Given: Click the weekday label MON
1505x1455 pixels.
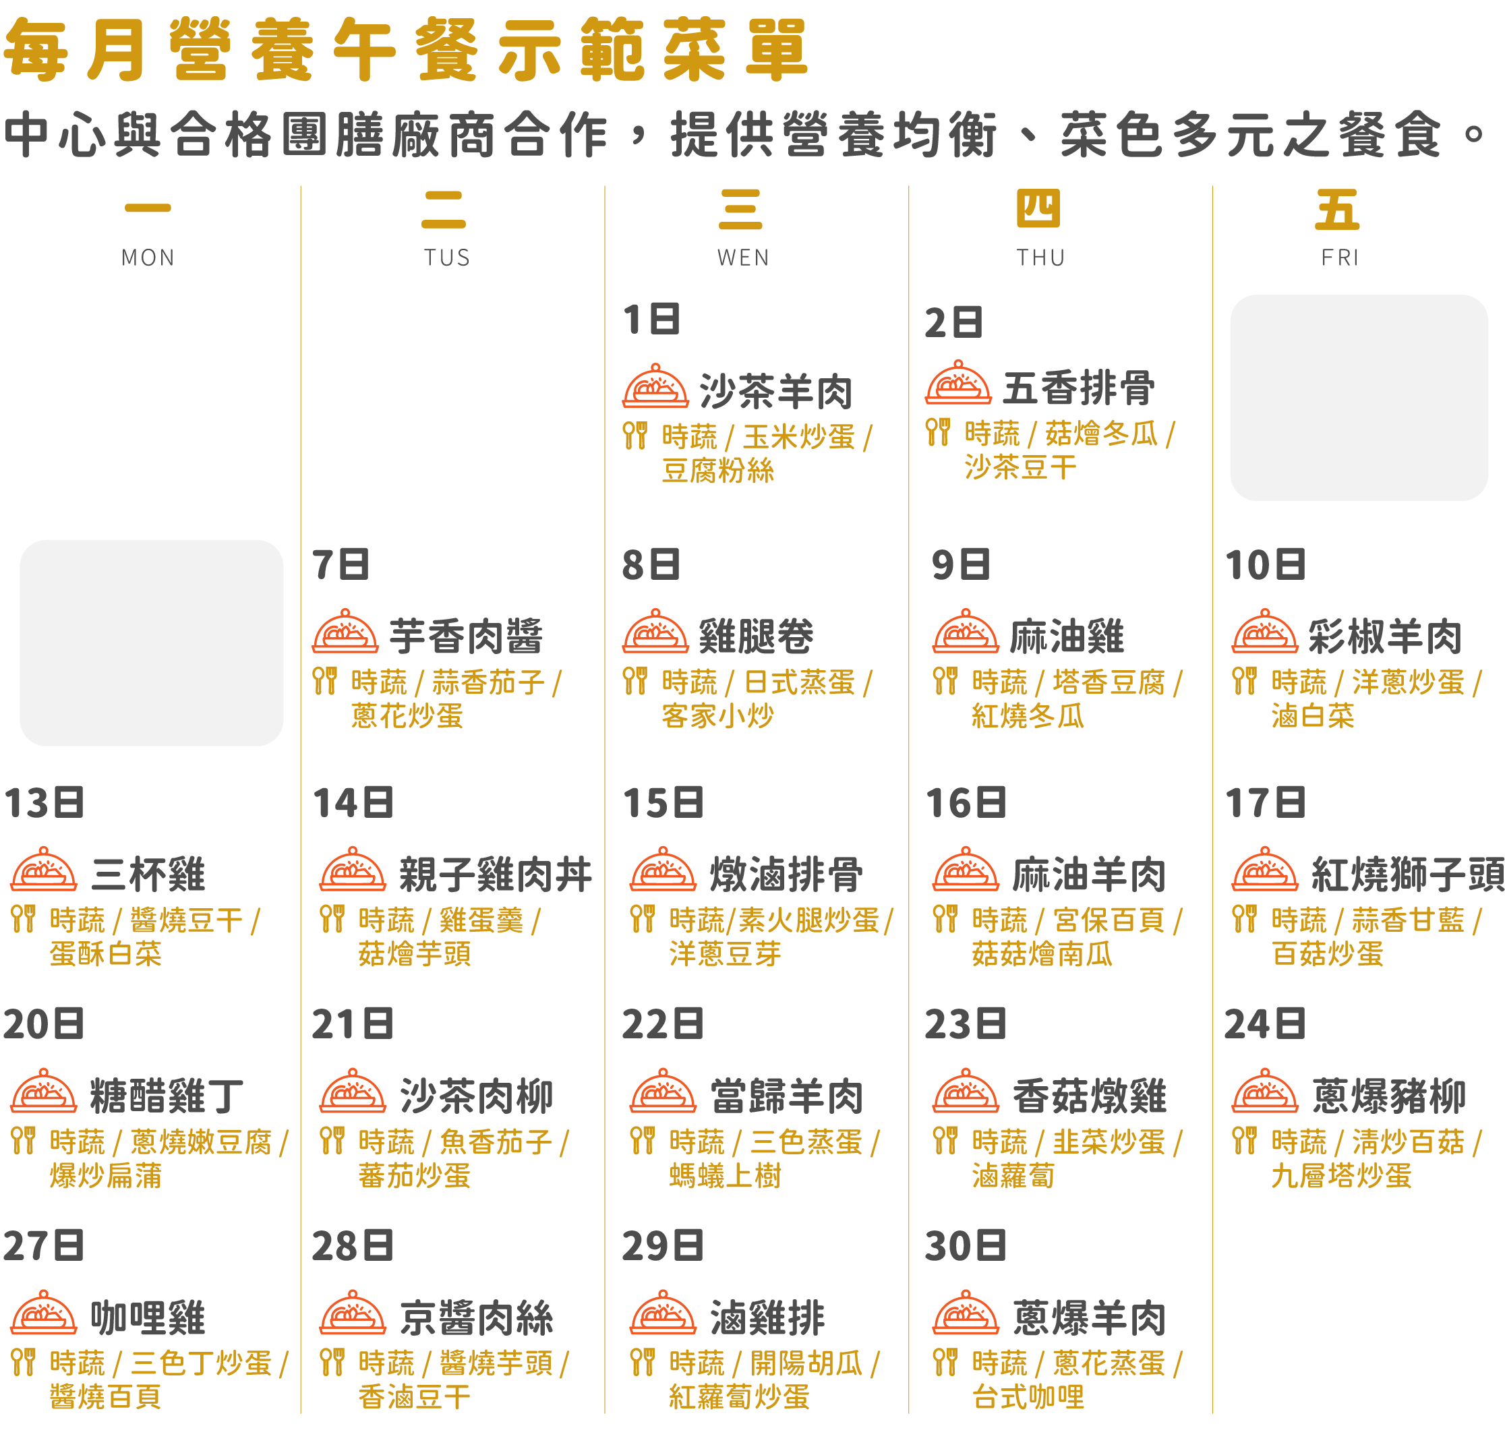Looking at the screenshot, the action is [x=148, y=257].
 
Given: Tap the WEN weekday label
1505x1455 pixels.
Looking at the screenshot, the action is [x=743, y=257].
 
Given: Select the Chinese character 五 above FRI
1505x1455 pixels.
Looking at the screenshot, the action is [x=1337, y=210].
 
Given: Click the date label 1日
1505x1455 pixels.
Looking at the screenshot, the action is [x=651, y=320].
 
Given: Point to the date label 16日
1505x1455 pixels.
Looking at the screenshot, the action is [x=966, y=803].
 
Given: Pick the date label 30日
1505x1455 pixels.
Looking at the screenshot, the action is [x=965, y=1245].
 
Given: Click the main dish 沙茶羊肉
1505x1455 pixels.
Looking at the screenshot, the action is [x=776, y=392].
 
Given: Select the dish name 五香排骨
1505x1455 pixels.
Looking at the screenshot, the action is [x=1079, y=388].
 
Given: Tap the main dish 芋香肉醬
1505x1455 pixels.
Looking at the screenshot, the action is [x=466, y=636].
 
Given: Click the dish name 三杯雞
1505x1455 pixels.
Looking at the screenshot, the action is [x=148, y=874].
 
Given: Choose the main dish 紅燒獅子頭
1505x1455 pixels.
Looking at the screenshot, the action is [x=1407, y=874].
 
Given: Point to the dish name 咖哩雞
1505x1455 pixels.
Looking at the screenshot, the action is [x=148, y=1317].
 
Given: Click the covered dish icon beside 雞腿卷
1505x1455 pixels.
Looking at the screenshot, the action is [x=655, y=631].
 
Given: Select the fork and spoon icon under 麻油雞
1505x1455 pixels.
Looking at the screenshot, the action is [x=945, y=680].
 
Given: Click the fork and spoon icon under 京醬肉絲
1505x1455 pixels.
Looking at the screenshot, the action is [x=332, y=1361].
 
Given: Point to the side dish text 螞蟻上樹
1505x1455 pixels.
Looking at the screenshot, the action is [x=725, y=1175].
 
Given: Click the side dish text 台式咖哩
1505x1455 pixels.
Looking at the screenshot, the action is [x=1028, y=1396].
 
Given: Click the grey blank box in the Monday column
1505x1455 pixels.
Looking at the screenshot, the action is [x=151, y=643].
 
